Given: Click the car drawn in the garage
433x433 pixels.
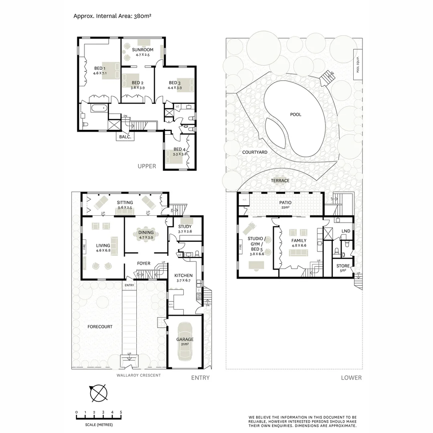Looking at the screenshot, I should pyautogui.click(x=185, y=341).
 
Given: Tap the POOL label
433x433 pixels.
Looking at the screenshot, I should pyautogui.click(x=295, y=115).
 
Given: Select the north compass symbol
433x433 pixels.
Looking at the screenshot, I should pyautogui.click(x=98, y=393).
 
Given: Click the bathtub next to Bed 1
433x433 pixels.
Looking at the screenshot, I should pyautogui.click(x=99, y=107).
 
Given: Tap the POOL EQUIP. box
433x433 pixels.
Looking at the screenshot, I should pyautogui.click(x=358, y=63).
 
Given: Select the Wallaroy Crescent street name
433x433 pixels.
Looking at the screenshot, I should pyautogui.click(x=138, y=375).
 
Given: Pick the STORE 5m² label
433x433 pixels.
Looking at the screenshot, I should pyautogui.click(x=343, y=268).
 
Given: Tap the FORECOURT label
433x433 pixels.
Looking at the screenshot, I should pyautogui.click(x=100, y=327).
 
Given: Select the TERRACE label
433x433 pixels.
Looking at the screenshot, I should pyautogui.click(x=280, y=181).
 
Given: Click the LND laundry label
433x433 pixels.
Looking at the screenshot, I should pyautogui.click(x=345, y=231).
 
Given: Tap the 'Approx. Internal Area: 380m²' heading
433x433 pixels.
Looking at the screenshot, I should pyautogui.click(x=112, y=16).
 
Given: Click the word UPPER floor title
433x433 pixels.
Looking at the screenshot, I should pyautogui.click(x=147, y=166).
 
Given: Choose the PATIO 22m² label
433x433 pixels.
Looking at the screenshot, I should pyautogui.click(x=285, y=205).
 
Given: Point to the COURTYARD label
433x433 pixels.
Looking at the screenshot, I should pyautogui.click(x=255, y=152).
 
